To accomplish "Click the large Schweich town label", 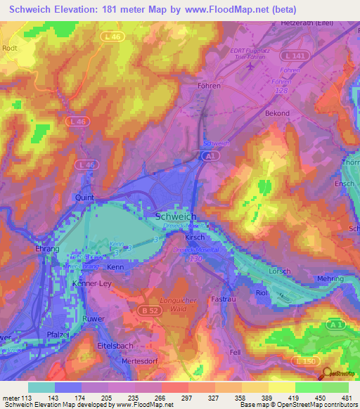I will pyautogui.click(x=176, y=217).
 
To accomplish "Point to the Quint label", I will pyautogui.click(x=85, y=198).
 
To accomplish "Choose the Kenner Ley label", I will pyautogui.click(x=92, y=284).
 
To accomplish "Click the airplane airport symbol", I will pyautogui.click(x=251, y=66).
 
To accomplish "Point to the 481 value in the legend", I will pyautogui.click(x=346, y=397).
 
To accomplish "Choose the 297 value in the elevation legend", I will pyautogui.click(x=186, y=397).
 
